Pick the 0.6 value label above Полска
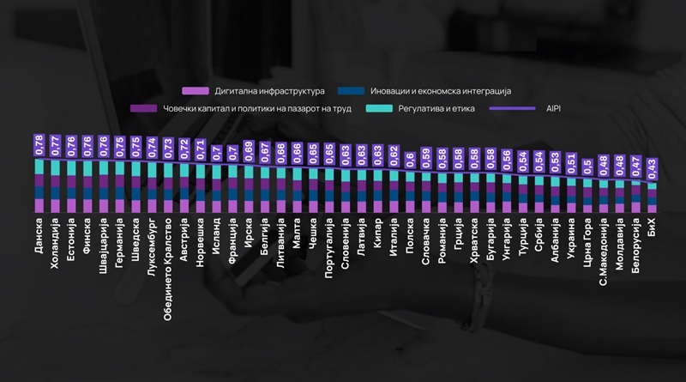pos(410,158)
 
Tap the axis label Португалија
pos(330,248)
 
